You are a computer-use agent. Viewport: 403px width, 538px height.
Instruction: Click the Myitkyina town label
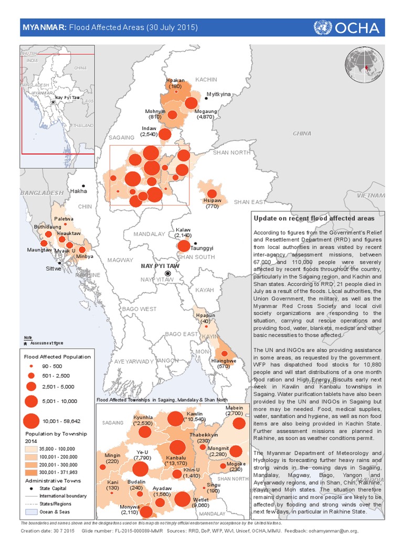(x=219, y=95)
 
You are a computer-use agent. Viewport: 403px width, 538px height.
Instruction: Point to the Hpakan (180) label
(x=175, y=83)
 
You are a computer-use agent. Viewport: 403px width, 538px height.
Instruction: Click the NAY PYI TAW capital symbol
(x=168, y=274)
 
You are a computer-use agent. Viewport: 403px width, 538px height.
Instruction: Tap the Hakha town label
(x=79, y=191)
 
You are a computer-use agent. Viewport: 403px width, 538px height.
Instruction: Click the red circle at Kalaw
(x=184, y=246)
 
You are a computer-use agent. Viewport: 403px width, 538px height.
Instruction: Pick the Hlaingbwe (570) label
(x=224, y=364)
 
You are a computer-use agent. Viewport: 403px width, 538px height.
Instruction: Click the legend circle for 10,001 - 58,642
(x=31, y=421)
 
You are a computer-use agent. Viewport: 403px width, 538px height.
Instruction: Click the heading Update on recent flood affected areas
(x=314, y=218)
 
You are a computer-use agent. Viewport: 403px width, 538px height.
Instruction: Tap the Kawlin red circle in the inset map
(x=175, y=419)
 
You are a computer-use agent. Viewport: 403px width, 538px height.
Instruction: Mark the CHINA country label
(x=302, y=133)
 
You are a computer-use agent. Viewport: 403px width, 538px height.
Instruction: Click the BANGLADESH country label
(x=42, y=193)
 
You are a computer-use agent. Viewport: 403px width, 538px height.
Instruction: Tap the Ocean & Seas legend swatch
(x=31, y=511)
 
